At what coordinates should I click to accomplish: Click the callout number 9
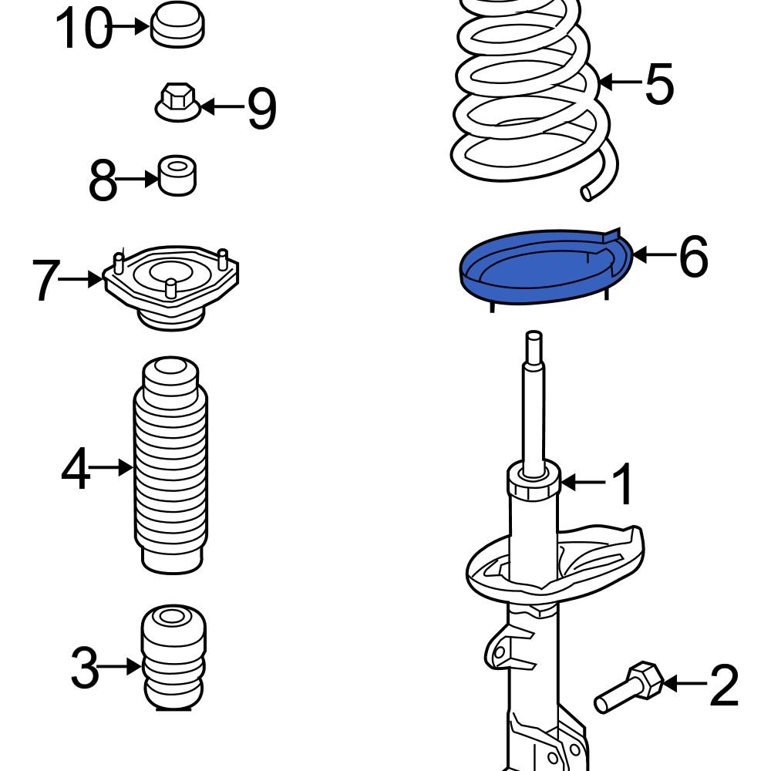coord(261,109)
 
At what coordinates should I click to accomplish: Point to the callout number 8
coord(103,182)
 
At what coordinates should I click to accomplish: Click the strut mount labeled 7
coord(170,287)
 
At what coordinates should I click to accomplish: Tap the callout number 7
coord(45,281)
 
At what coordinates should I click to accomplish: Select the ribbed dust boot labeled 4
coord(172,466)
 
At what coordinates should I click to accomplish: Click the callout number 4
coord(76,470)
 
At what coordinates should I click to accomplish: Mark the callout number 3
coord(85,668)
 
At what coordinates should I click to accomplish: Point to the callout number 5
coord(659,83)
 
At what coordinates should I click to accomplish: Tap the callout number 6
coord(693,257)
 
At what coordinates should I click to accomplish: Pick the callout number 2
coord(723,686)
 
